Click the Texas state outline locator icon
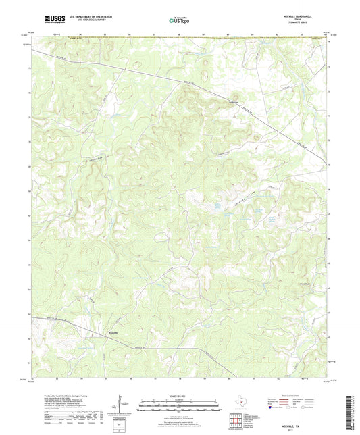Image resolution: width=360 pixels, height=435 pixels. click(x=239, y=403)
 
